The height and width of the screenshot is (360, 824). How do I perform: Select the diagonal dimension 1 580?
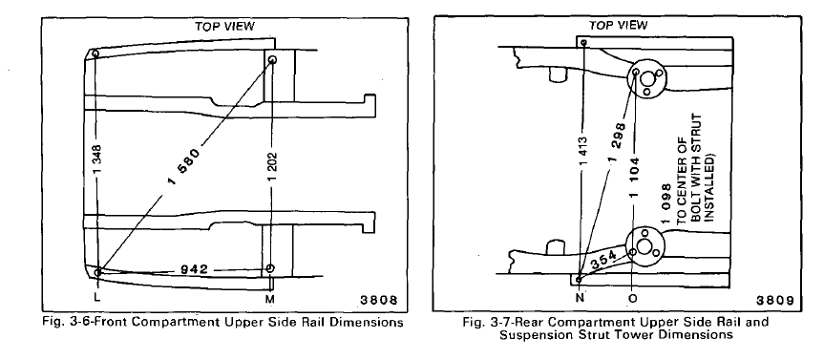[x=184, y=168]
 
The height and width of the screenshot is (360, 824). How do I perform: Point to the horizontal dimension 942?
[x=195, y=269]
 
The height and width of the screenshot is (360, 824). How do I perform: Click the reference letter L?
[x=96, y=298]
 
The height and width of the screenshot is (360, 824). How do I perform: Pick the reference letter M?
[x=270, y=299]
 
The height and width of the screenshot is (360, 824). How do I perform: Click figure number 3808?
[x=378, y=300]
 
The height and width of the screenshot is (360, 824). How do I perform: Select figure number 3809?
[x=775, y=300]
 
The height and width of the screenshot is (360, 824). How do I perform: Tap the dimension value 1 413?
[x=584, y=153]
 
